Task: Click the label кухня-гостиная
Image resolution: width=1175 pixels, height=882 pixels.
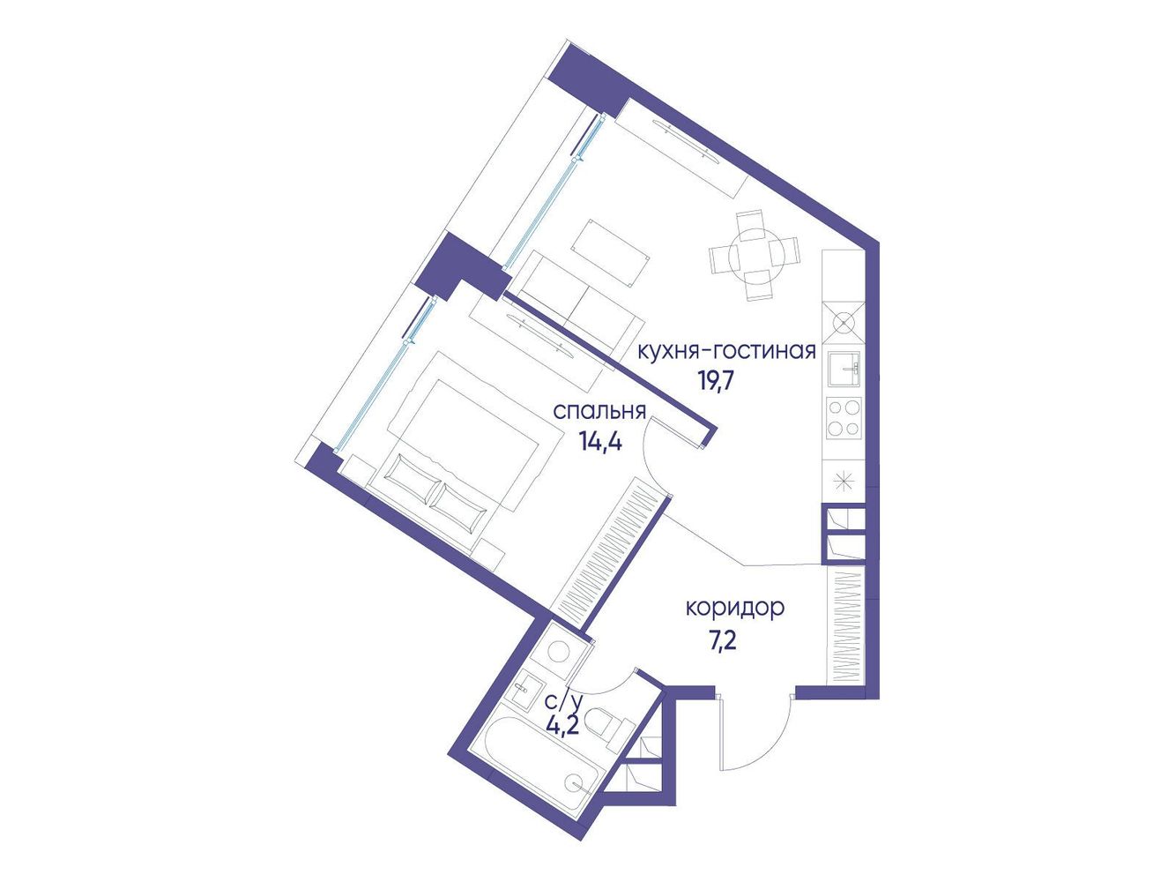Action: coord(726,351)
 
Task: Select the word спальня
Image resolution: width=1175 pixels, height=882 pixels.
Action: coord(599,413)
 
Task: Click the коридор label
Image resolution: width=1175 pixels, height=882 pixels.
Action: coord(735,609)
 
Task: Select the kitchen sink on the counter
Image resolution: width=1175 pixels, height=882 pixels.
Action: coord(845,369)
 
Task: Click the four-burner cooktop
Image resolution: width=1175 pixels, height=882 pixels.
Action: coord(844,418)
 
